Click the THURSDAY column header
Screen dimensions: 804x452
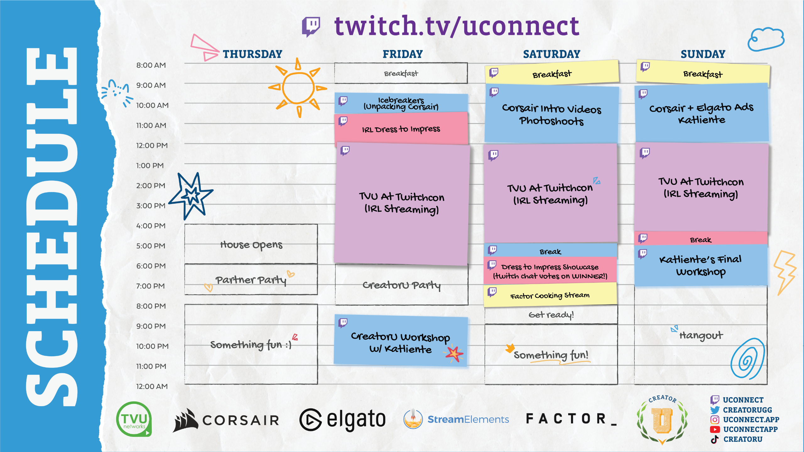253,54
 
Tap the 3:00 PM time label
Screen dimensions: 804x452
151,206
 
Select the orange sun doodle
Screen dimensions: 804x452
297,88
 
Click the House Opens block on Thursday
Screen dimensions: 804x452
251,244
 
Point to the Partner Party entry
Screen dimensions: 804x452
251,279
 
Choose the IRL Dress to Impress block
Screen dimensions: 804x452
401,129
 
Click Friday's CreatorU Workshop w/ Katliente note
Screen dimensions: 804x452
400,342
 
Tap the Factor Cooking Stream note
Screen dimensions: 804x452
550,295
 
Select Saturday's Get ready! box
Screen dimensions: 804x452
551,315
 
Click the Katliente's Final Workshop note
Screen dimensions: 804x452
701,266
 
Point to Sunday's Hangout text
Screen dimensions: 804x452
701,335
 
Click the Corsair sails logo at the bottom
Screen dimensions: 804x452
185,420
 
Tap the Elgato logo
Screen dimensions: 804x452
342,420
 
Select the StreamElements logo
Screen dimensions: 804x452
456,419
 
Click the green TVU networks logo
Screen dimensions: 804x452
134,419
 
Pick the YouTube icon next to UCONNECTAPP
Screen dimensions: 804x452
715,429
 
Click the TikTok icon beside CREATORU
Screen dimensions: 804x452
715,439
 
